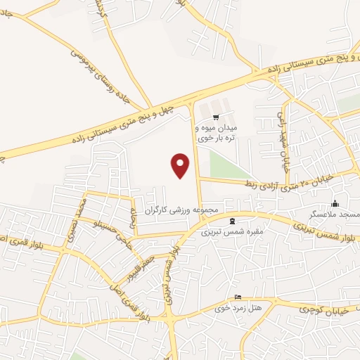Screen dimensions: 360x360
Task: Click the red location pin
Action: (181, 165)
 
